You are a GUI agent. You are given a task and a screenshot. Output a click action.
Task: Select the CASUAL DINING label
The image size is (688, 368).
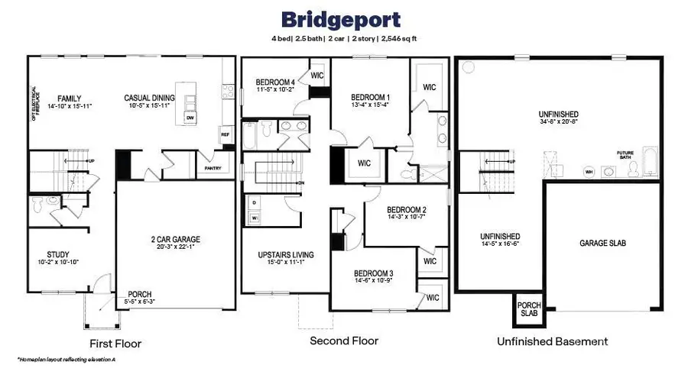click(150, 98)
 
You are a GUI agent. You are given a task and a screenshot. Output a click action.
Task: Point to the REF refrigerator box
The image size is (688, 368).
click(225, 134)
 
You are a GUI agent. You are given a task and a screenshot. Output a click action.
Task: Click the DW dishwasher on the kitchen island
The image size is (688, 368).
click(190, 118)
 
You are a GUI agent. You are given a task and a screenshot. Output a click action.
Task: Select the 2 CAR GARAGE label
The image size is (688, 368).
click(175, 239)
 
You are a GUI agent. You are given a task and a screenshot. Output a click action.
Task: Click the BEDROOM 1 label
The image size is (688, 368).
click(370, 97)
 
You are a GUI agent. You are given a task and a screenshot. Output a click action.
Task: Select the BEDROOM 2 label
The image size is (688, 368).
click(406, 210)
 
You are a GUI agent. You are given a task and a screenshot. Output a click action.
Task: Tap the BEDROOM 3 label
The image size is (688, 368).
click(373, 273)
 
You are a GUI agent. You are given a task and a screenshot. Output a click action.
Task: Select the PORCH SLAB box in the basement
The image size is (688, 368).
click(527, 310)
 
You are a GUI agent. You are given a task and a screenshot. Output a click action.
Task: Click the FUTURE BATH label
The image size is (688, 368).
click(625, 155)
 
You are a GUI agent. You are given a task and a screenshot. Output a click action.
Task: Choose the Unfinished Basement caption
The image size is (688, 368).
click(552, 341)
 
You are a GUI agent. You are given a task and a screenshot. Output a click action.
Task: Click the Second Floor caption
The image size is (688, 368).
click(343, 341)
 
